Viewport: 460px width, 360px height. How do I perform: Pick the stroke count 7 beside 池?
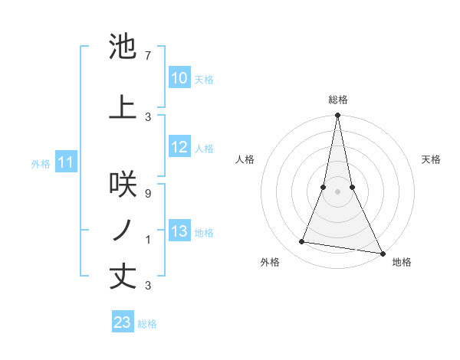[148, 55]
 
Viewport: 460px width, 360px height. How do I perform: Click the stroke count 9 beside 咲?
[148, 194]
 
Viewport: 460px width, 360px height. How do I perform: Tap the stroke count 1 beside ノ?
[148, 240]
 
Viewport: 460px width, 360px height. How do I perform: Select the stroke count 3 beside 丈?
[148, 286]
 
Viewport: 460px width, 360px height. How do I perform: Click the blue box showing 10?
[179, 78]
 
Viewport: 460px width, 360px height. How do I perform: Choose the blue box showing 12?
[179, 147]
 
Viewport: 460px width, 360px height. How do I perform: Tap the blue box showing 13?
[179, 231]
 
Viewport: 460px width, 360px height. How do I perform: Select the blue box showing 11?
[66, 162]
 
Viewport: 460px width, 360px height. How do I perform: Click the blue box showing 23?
[123, 322]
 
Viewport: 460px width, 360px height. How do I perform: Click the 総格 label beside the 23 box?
[147, 324]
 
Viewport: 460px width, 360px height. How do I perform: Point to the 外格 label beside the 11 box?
[41, 163]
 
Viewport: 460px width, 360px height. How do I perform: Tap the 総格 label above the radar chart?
[338, 100]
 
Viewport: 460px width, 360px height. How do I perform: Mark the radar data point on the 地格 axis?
[382, 253]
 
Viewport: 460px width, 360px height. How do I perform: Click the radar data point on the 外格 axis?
[302, 242]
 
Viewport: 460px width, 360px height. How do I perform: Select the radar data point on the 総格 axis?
[338, 116]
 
